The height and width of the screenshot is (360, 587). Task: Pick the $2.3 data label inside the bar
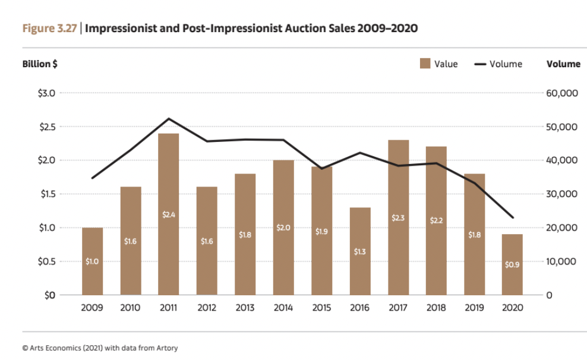tap(398, 218)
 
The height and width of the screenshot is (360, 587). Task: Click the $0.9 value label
tap(512, 265)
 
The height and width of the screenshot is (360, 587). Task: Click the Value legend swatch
tap(425, 64)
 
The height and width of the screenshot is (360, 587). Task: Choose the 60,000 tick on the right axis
tap(561, 93)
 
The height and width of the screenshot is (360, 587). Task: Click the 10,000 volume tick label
tap(561, 261)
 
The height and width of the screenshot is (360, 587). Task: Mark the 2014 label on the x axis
tap(283, 308)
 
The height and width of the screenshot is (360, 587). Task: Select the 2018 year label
tap(436, 308)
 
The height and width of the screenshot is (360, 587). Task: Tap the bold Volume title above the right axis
tap(563, 64)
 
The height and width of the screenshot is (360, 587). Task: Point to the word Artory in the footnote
tap(166, 348)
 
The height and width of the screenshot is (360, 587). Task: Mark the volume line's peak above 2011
tap(169, 119)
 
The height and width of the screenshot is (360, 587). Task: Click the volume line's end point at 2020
tap(513, 217)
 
